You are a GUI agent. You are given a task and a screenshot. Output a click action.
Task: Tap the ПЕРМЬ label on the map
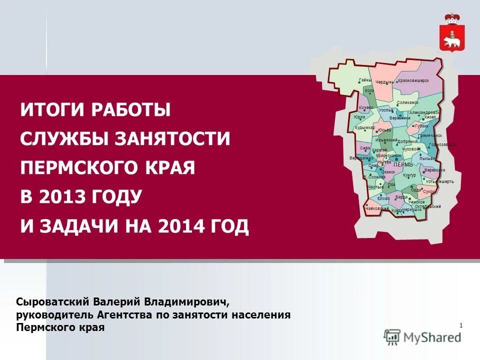(x=403, y=165)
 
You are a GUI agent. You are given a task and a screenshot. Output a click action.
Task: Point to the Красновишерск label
(x=413, y=80)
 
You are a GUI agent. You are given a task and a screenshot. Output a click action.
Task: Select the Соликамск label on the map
(x=407, y=102)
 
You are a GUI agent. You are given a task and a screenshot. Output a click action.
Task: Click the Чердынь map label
(x=384, y=82)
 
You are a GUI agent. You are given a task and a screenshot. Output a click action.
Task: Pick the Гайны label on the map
(x=365, y=80)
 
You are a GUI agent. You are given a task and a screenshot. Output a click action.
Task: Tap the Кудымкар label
(x=364, y=127)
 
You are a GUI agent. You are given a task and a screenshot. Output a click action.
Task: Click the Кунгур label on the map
(x=409, y=175)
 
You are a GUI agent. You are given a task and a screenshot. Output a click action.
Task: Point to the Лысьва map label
(x=427, y=158)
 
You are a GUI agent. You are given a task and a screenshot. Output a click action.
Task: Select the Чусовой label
(x=411, y=149)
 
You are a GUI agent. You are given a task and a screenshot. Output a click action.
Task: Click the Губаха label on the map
(x=421, y=126)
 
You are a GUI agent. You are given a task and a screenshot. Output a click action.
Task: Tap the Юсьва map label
(x=384, y=130)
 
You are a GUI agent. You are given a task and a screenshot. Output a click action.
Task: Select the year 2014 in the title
(x=181, y=226)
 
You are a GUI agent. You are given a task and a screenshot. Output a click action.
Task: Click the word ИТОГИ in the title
(x=51, y=109)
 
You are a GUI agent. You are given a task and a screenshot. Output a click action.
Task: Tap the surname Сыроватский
(x=52, y=302)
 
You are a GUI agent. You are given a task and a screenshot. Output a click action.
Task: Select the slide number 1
(x=460, y=326)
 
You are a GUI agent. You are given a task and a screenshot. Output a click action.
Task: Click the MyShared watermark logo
(x=423, y=336)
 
